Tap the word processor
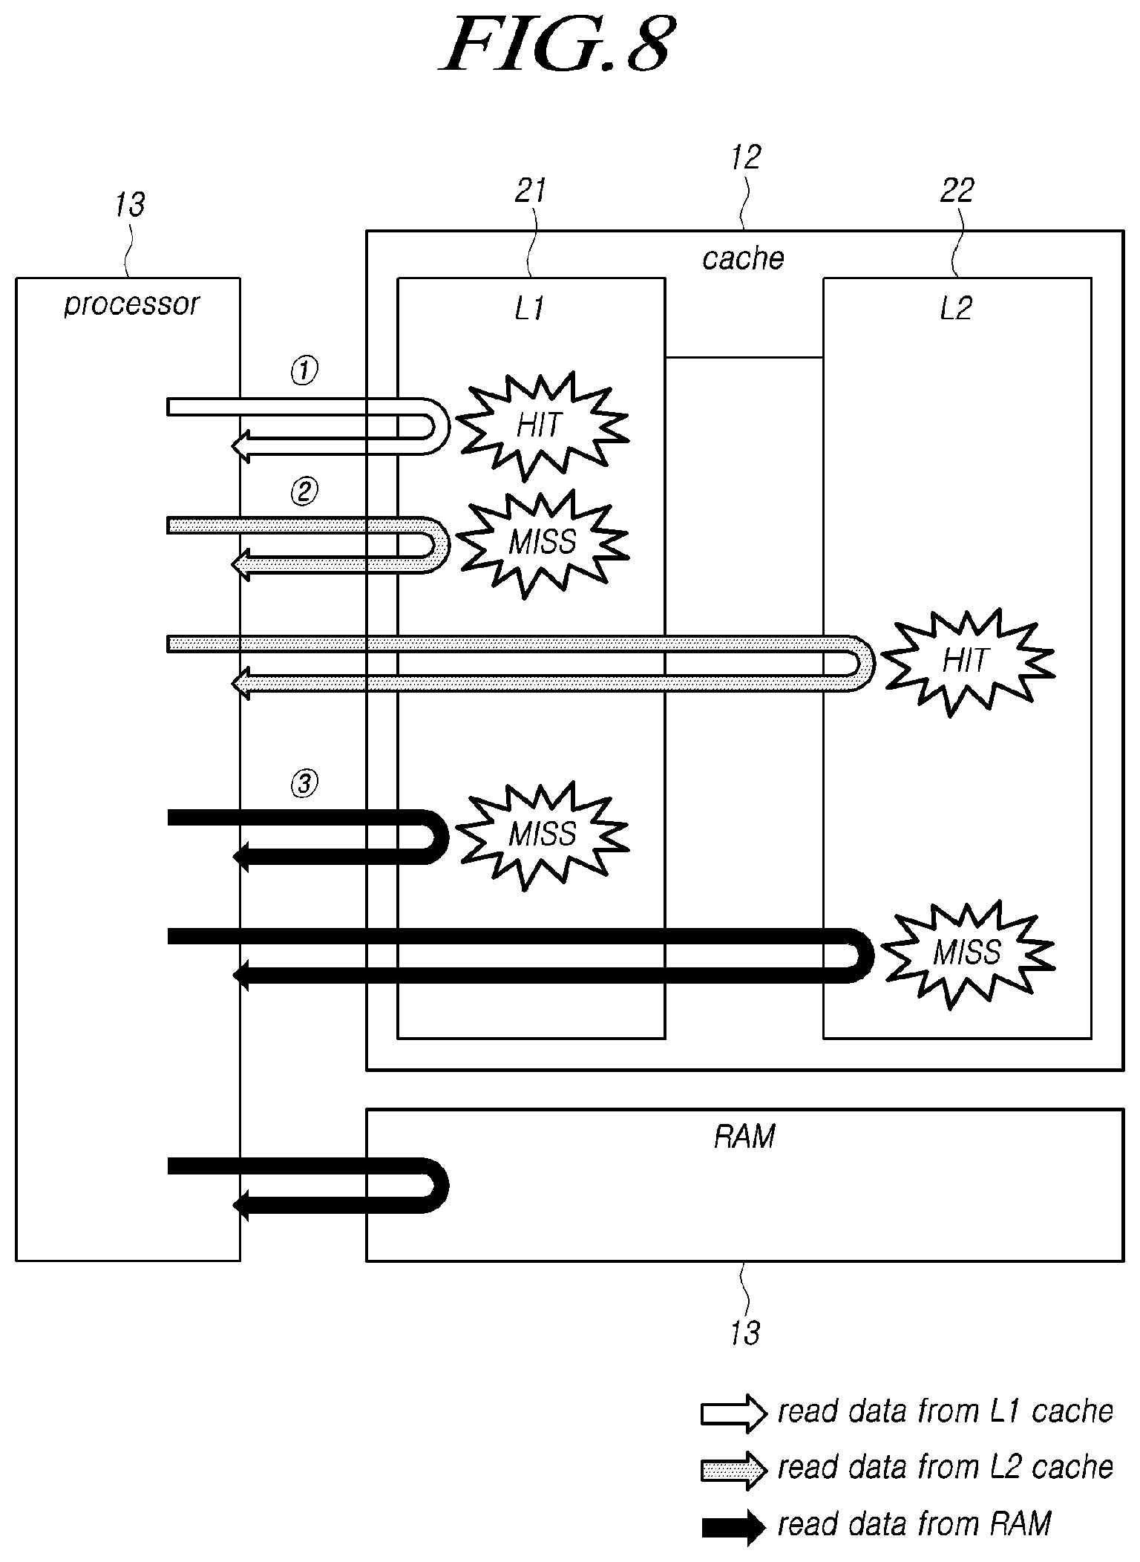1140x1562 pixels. [131, 304]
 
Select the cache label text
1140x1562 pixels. [743, 258]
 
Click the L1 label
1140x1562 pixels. [529, 309]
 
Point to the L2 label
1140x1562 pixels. [955, 309]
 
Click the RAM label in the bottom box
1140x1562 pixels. [744, 1137]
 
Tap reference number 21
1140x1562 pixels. [530, 192]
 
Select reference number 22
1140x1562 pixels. [957, 192]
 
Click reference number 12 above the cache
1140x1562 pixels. [746, 157]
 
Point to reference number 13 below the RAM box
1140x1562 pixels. [744, 1333]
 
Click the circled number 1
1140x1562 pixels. [304, 371]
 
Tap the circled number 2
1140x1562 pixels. [304, 491]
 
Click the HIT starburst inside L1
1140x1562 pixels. [542, 426]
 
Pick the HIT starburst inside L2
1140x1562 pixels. [966, 661]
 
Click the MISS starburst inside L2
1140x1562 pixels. [966, 952]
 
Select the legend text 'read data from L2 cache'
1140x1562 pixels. [946, 1468]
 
